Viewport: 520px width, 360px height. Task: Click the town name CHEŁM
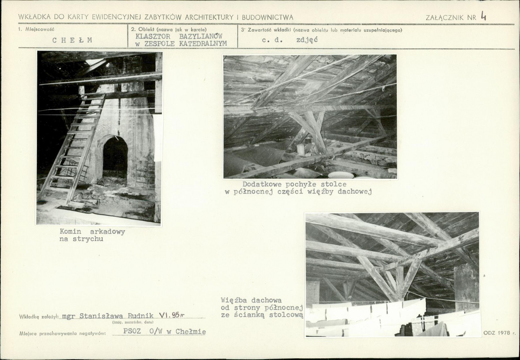click(x=72, y=40)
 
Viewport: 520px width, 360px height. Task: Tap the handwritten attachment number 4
click(x=484, y=16)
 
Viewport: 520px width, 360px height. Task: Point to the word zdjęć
click(x=307, y=40)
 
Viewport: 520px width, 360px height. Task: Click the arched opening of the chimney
click(x=115, y=157)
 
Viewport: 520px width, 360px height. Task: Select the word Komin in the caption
click(x=70, y=232)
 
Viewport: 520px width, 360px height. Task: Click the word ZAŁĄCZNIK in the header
click(x=446, y=18)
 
